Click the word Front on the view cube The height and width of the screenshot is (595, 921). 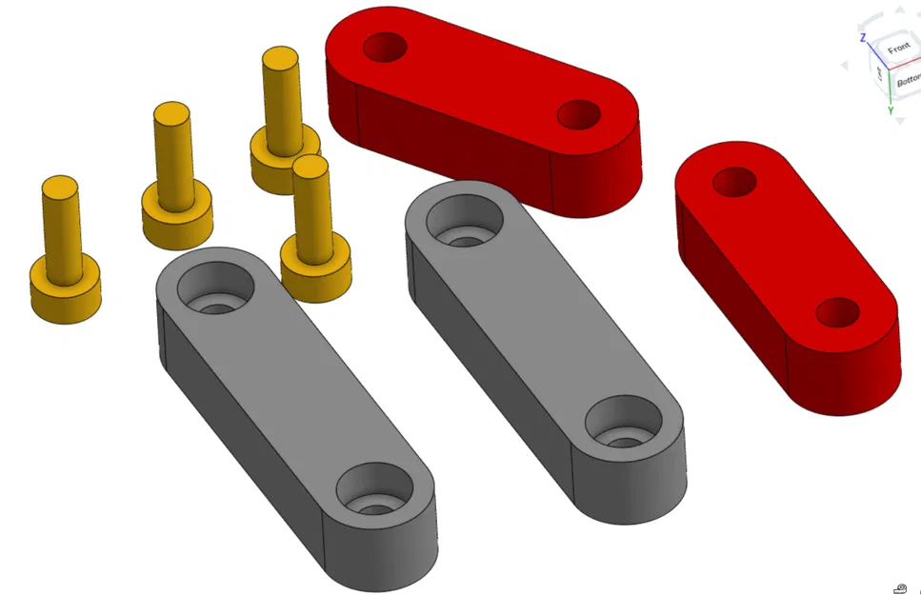(x=898, y=48)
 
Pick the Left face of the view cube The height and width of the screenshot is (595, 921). (x=880, y=72)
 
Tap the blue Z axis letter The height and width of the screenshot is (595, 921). (x=862, y=38)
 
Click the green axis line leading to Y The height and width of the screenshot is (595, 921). (x=890, y=89)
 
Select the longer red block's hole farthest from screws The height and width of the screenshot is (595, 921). (x=578, y=115)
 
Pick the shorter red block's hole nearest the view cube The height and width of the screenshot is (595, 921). (x=734, y=179)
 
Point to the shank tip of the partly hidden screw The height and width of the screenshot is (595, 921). (x=281, y=58)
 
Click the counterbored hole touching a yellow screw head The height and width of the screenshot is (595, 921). (x=216, y=287)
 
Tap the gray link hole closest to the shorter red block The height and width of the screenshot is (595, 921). (x=623, y=423)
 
